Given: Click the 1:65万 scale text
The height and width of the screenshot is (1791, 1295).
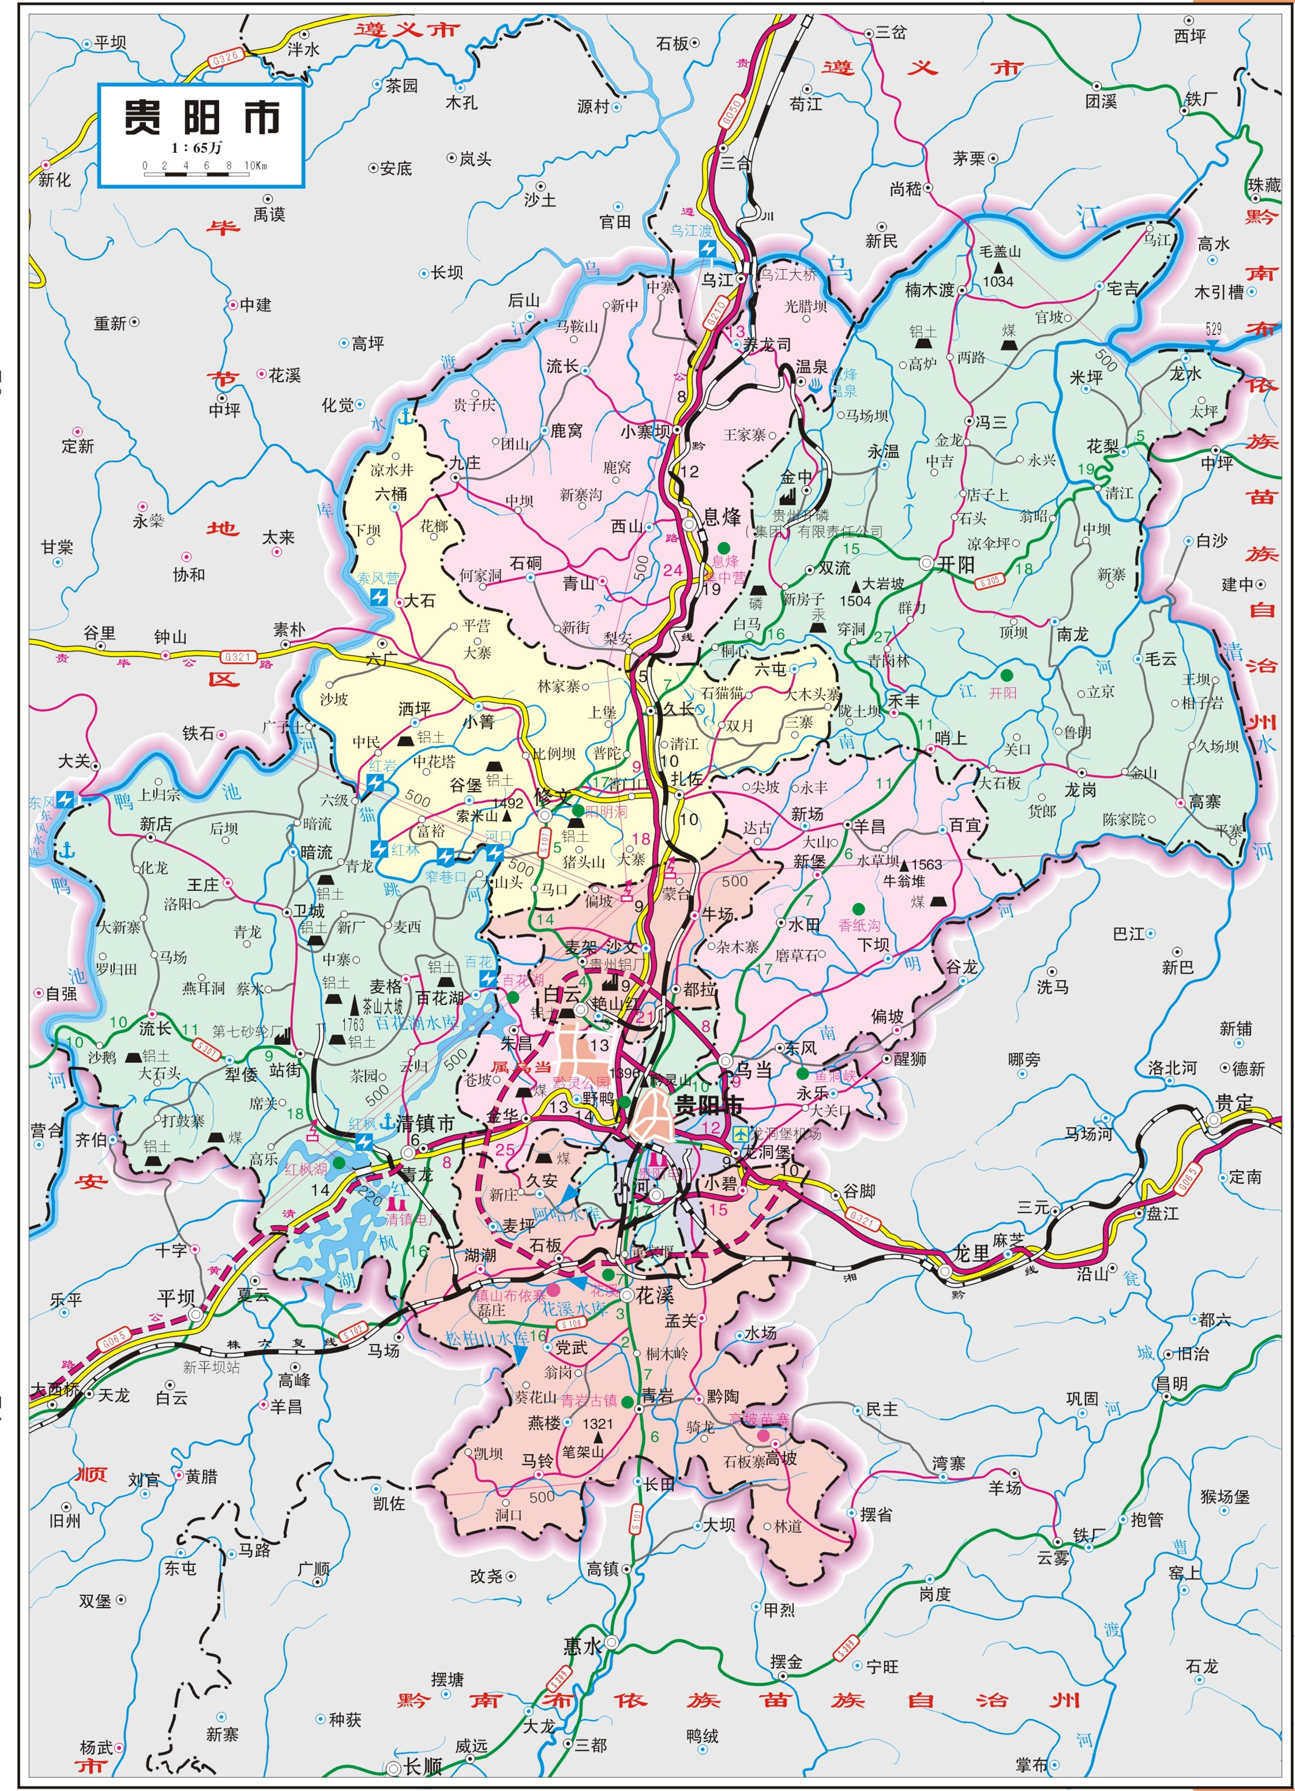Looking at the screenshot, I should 197,148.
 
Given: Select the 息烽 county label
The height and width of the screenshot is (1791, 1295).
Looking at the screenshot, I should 722,517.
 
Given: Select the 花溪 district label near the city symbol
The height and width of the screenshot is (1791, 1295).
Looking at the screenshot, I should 654,1295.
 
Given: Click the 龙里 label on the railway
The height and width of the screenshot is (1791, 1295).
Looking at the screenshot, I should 971,1252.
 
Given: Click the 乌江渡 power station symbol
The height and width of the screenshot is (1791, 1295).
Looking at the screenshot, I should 707,250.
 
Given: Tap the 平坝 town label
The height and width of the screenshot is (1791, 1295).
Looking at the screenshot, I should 175,1298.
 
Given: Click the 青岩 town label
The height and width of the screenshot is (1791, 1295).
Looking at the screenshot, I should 658,1396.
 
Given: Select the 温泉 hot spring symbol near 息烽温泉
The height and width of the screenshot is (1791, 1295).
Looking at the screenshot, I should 816,385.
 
